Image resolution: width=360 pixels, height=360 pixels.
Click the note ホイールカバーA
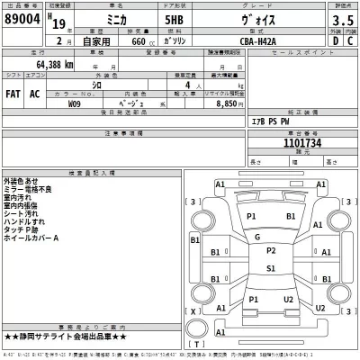pos(33,238)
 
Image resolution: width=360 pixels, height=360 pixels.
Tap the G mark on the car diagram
pos(258,237)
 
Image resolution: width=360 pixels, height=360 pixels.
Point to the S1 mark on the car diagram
pos(271,267)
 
